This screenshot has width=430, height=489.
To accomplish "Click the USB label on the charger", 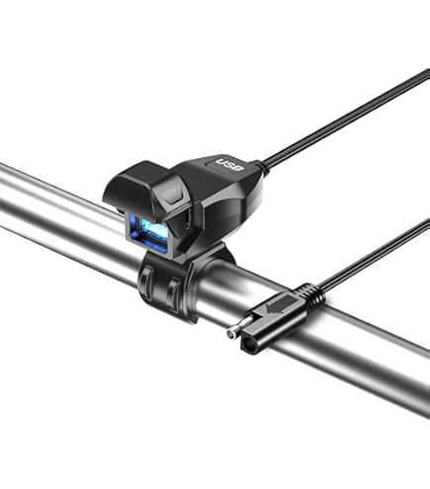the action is tap(229, 165).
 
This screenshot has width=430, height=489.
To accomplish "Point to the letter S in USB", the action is tap(229, 165).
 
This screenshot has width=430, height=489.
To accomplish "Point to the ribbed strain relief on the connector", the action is tap(311, 293).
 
